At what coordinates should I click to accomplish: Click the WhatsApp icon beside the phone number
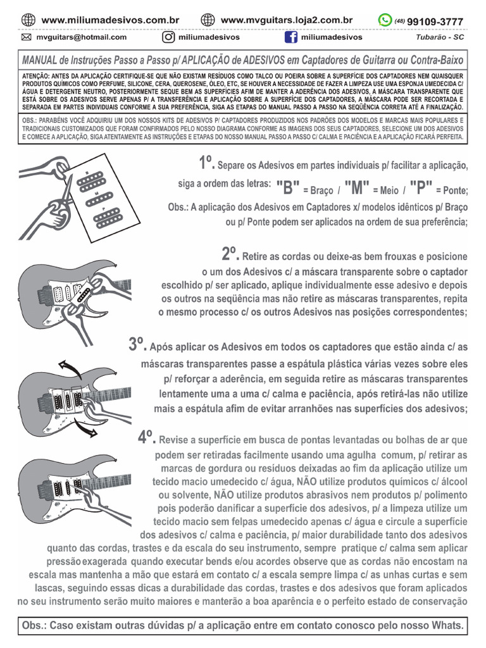(385, 20)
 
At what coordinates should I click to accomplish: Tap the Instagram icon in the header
(168, 37)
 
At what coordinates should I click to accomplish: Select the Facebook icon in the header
(291, 37)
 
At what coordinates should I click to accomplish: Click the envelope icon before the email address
(27, 37)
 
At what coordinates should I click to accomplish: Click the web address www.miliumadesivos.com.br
(110, 20)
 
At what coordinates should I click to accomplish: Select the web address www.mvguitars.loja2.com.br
(287, 20)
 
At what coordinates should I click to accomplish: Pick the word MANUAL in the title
(40, 60)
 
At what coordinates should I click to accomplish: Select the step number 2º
(230, 254)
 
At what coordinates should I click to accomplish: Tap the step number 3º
(137, 344)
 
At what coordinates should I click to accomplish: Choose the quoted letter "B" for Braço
(288, 188)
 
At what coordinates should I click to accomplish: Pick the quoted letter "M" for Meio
(358, 188)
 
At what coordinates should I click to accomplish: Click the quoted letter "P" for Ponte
(421, 188)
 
